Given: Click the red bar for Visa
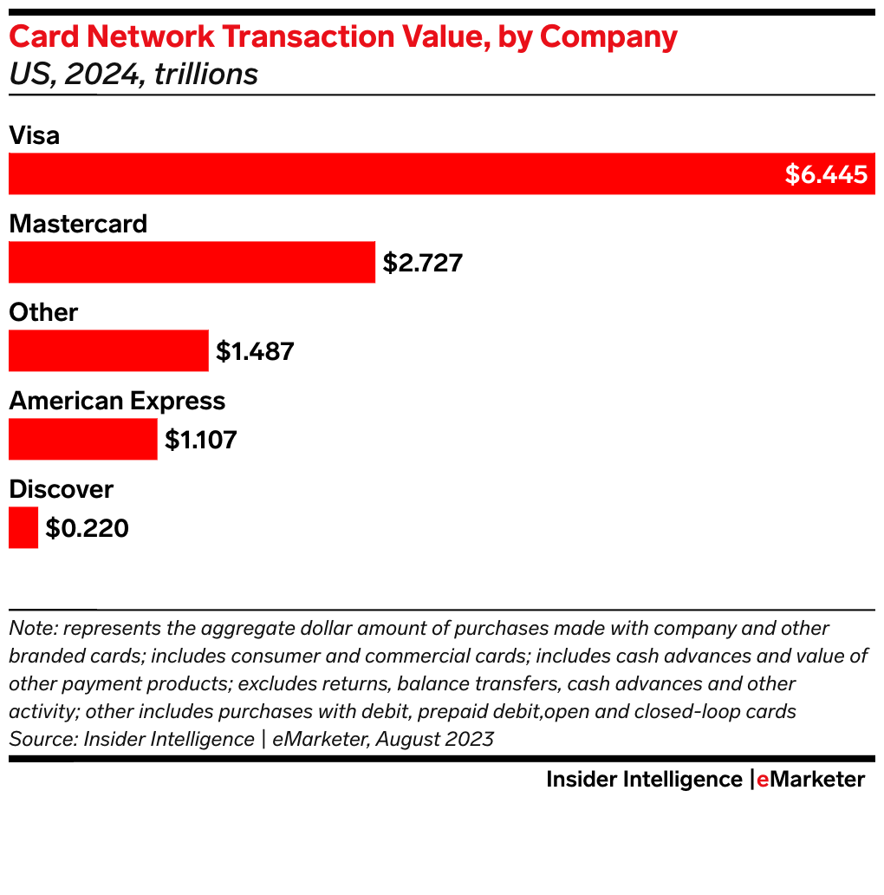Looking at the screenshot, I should click(390, 173).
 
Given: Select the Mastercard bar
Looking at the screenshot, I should click(192, 262).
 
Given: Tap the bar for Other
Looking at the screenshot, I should click(108, 350).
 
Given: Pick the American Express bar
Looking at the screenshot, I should click(82, 439).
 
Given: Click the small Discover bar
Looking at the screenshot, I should click(23, 527).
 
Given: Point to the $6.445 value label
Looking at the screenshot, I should click(826, 174).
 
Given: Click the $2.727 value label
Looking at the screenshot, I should click(423, 263).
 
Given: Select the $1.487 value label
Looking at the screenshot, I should click(255, 351).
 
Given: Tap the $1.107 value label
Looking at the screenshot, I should click(201, 440).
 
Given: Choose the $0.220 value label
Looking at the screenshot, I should click(87, 528).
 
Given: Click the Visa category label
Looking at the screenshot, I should click(34, 135).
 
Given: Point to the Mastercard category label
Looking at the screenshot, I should click(78, 224).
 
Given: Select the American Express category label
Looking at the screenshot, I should click(117, 401).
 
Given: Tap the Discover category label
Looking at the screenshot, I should click(61, 489).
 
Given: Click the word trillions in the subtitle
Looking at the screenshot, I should click(206, 75).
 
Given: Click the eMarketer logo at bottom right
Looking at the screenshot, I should click(810, 780).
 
